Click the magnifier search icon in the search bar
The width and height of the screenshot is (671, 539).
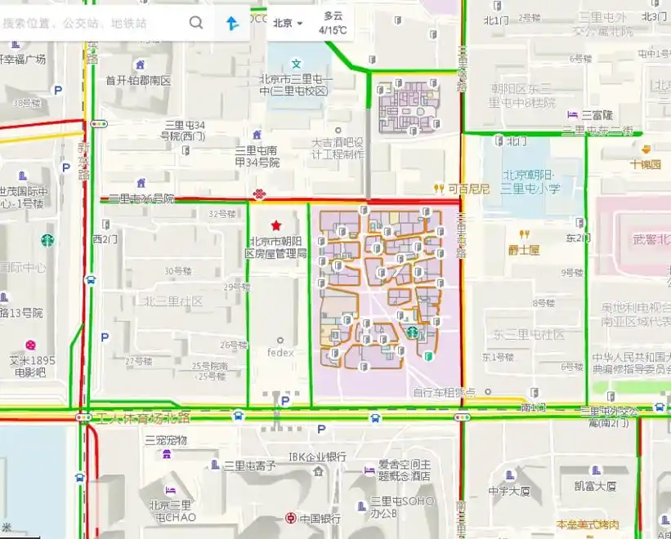196,23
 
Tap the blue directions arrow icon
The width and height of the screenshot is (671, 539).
233,24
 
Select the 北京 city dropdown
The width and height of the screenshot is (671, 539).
288,23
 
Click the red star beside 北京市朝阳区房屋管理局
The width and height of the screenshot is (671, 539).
276,225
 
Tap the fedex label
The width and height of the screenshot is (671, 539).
280,353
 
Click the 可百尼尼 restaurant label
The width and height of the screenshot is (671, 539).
468,189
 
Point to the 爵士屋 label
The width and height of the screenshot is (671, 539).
523,250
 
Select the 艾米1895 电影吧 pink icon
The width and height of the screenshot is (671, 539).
30,345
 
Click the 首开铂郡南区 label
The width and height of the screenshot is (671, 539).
138,80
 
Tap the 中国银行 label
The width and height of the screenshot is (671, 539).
319,518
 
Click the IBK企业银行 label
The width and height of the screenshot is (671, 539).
318,457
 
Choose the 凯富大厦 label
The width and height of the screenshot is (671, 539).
594,486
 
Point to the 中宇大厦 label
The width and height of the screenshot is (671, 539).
509,491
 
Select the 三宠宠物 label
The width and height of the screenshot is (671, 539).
167,440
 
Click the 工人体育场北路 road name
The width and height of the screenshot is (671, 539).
143,418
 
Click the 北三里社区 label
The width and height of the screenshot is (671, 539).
173,301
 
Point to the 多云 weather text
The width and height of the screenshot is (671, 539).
333,16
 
